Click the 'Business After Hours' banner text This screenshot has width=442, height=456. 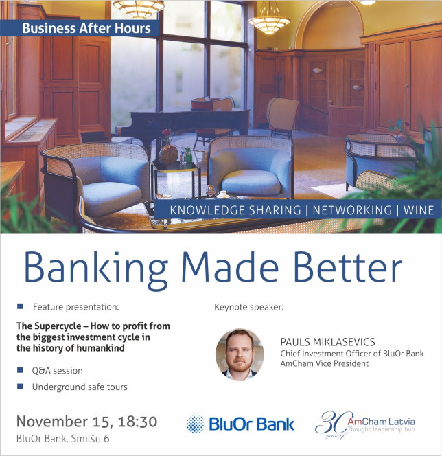pyautogui.click(x=86, y=28)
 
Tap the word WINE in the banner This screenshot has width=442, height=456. pyautogui.click(x=419, y=210)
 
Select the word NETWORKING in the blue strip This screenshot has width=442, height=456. pyautogui.click(x=352, y=210)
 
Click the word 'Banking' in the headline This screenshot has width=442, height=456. pyautogui.click(x=96, y=268)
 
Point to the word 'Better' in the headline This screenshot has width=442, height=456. pyautogui.click(x=348, y=267)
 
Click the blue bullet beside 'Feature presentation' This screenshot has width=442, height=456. pyautogui.click(x=20, y=306)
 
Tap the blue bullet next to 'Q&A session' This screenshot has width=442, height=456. pyautogui.click(x=20, y=370)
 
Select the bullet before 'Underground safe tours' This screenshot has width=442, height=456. pyautogui.click(x=20, y=386)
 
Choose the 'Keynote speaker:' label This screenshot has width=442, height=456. pyautogui.click(x=248, y=308)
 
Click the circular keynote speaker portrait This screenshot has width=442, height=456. pyautogui.click(x=240, y=354)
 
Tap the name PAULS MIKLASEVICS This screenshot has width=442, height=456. pyautogui.click(x=327, y=342)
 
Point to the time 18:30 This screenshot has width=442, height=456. pyautogui.click(x=137, y=422)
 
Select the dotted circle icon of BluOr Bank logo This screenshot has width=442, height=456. pyautogui.click(x=196, y=424)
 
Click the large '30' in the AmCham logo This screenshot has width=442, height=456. pyautogui.click(x=334, y=423)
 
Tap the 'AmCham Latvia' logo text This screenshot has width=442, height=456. pyautogui.click(x=381, y=422)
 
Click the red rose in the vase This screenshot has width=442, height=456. pyautogui.click(x=167, y=133)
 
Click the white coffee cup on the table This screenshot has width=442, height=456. pyautogui.click(x=222, y=194)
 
